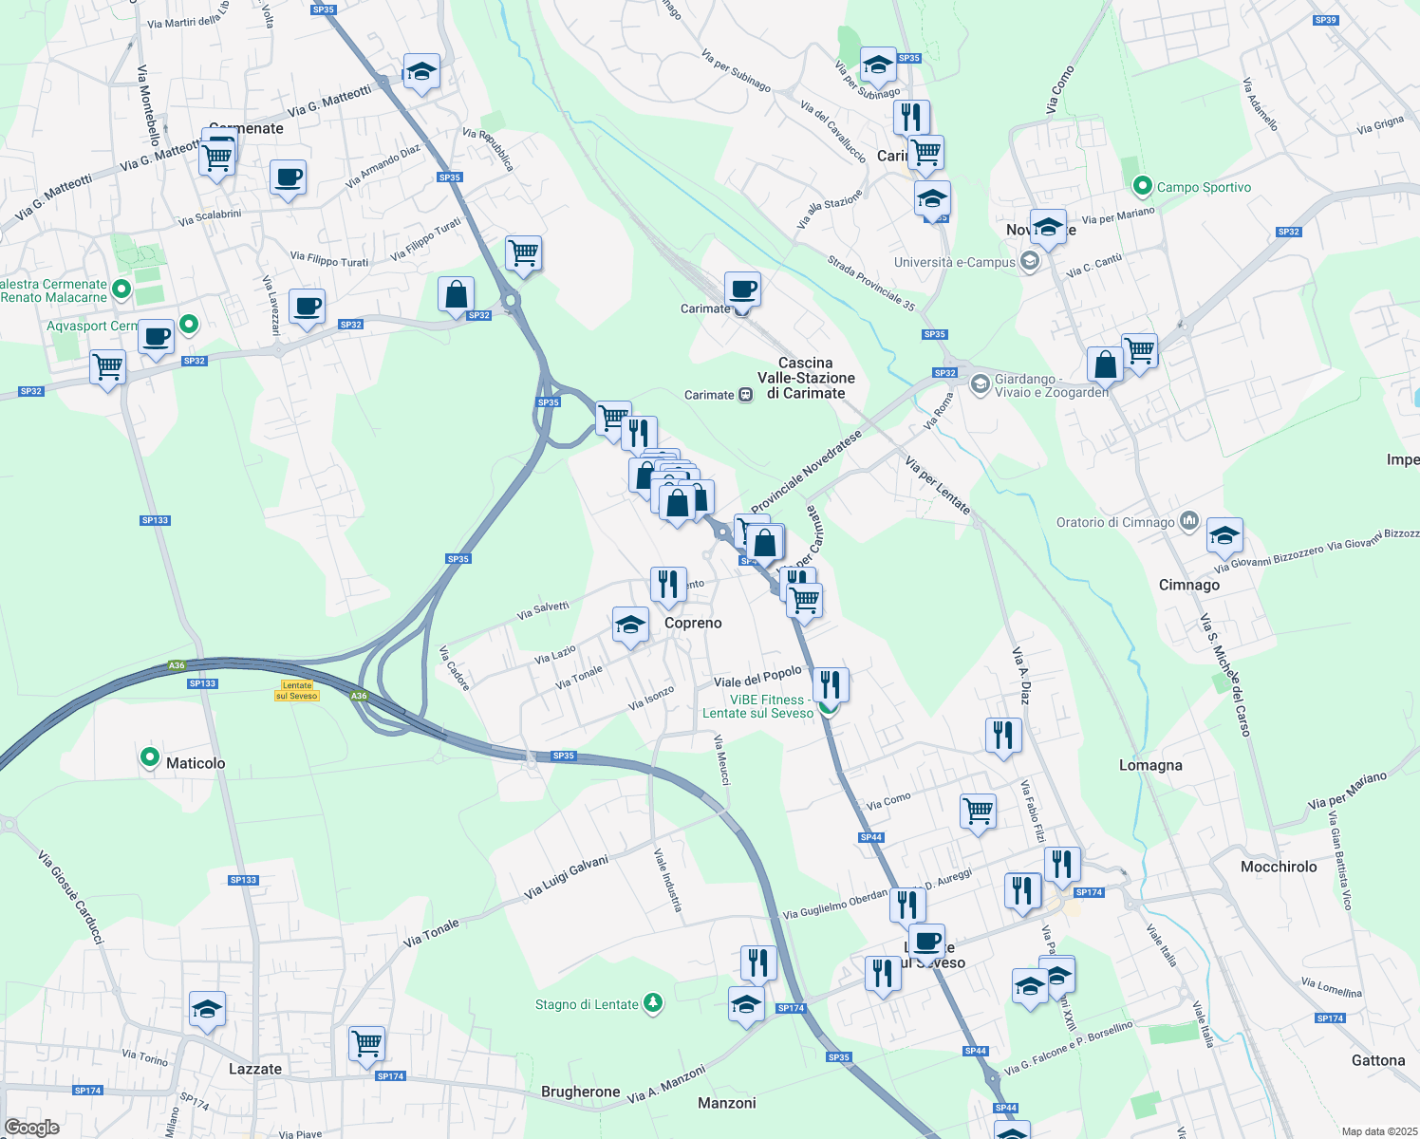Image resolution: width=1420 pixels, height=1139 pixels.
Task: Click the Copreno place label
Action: pos(693,623)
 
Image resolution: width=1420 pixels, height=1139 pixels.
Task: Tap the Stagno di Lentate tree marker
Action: pos(652,1002)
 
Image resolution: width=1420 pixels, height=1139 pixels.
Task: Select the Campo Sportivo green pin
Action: pos(1143,186)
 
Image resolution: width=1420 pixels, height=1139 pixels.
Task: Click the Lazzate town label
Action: pos(255,1069)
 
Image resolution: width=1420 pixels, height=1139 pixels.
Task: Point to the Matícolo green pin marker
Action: pos(150,757)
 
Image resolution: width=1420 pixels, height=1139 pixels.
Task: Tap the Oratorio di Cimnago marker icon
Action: pos(1189,521)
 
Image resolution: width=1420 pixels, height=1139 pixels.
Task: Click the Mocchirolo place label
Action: pos(1279,867)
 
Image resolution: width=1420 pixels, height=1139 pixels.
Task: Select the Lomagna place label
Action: pos(1150,765)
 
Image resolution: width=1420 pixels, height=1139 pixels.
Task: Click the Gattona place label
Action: pos(1378,1060)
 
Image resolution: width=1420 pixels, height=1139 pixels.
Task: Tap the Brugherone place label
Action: pos(580,1092)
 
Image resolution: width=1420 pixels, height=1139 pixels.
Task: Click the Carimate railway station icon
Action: pos(746,395)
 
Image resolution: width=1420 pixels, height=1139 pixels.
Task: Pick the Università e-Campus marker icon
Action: pos(1030,262)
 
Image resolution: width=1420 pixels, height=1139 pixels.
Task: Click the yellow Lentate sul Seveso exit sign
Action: pos(297,690)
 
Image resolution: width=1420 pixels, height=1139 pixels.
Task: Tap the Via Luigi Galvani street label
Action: pos(566,877)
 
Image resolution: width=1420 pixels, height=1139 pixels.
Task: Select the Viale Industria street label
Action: pos(667,880)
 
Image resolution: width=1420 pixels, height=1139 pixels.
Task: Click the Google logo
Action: pos(32,1128)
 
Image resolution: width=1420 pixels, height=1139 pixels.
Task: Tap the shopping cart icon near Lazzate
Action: pos(366,1043)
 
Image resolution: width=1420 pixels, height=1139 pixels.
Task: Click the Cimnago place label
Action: pos(1188,585)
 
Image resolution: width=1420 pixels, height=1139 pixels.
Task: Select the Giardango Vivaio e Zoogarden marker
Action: pos(980,384)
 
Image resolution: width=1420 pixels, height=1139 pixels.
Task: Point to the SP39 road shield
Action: pos(1325,20)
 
